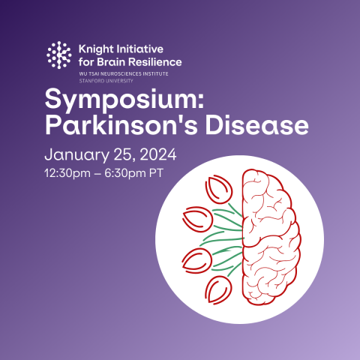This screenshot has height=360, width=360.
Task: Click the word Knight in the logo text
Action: point(95,48)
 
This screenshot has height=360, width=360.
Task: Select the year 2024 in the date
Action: point(157,156)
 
